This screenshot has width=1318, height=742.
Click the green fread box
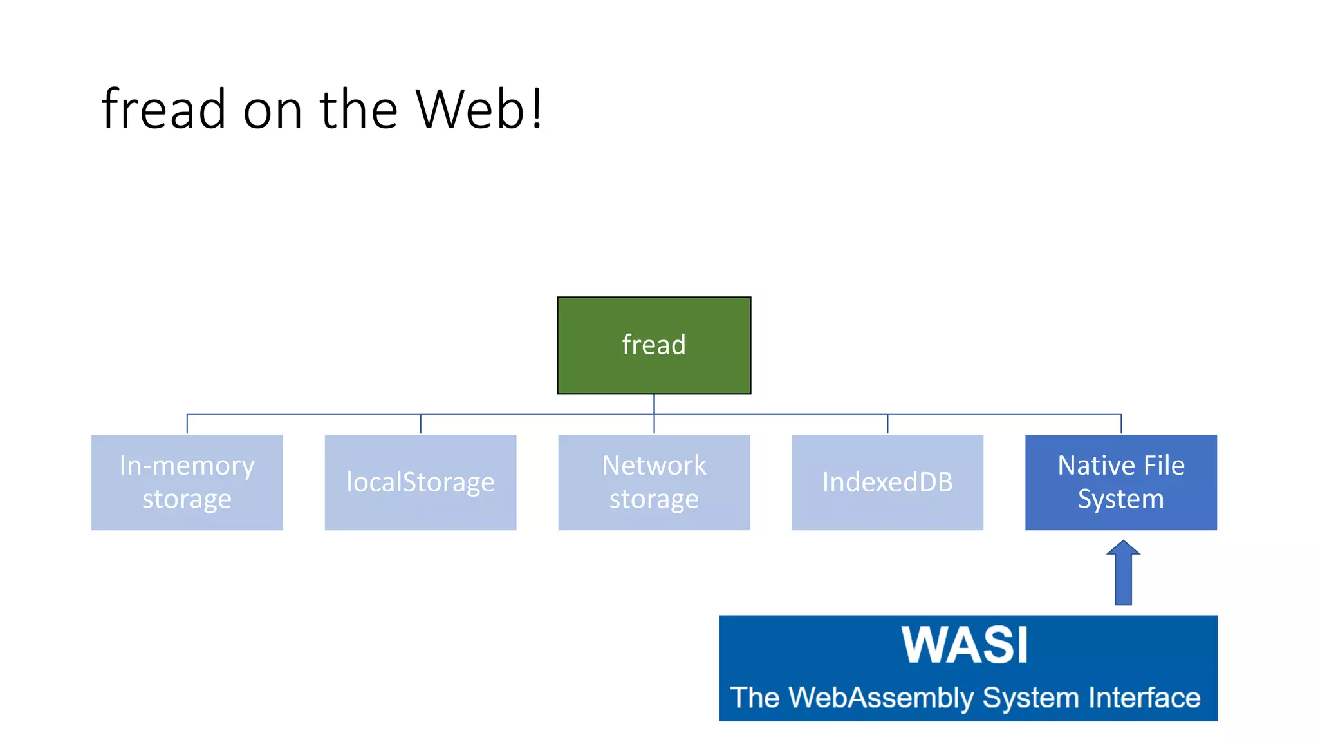654,345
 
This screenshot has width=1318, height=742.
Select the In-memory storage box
187,482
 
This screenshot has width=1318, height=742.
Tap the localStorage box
420,482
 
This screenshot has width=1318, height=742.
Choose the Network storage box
654,482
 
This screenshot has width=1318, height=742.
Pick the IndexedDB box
887,482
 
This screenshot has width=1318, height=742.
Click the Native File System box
1120,482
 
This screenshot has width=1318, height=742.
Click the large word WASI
965,645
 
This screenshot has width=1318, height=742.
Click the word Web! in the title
479,109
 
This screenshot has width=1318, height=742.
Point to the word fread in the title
163,109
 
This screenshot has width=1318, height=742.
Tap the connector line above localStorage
420,424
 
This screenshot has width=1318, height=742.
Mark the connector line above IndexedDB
887,424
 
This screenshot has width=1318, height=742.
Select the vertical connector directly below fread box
654,404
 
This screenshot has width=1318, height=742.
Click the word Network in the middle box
654,466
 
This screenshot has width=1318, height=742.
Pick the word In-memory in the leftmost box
187,466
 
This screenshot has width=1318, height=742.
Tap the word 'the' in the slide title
358,109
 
